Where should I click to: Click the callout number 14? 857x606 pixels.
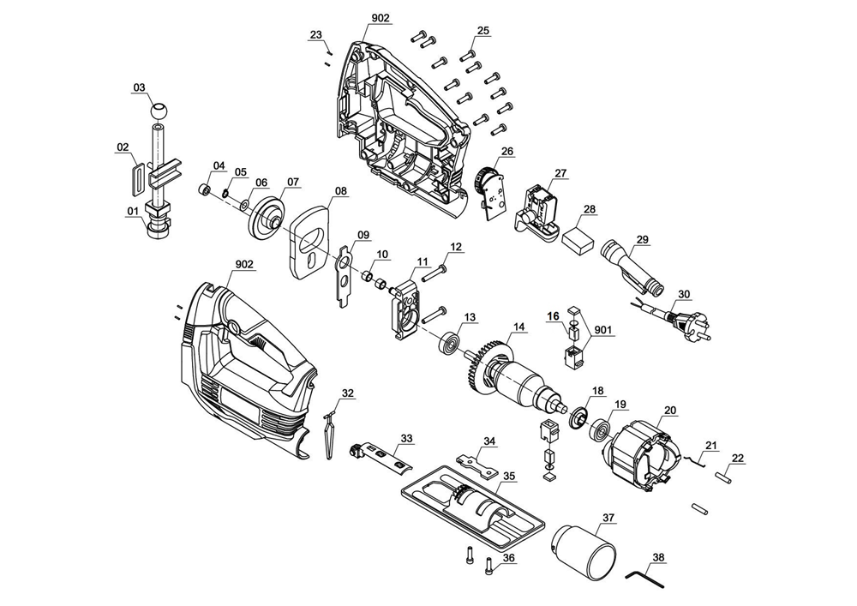518,326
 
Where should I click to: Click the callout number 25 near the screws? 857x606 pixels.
482,31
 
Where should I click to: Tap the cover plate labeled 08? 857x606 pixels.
313,240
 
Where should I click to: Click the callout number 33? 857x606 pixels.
406,437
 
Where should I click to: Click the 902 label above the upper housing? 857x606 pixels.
381,18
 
